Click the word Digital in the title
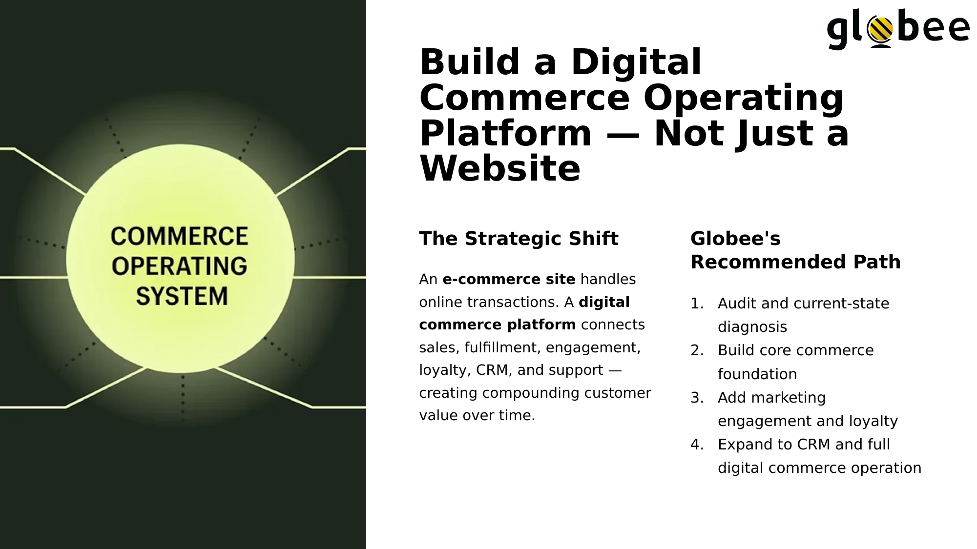click(x=636, y=62)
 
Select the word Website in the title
click(x=500, y=169)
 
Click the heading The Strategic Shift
click(x=519, y=239)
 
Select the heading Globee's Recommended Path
click(x=795, y=250)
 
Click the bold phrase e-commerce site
click(x=509, y=279)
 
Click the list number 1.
click(x=697, y=304)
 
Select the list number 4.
click(x=697, y=445)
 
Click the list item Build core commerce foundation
click(x=796, y=362)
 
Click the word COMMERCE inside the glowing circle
click(x=179, y=236)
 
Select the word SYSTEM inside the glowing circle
click(x=182, y=296)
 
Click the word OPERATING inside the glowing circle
click(x=179, y=266)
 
